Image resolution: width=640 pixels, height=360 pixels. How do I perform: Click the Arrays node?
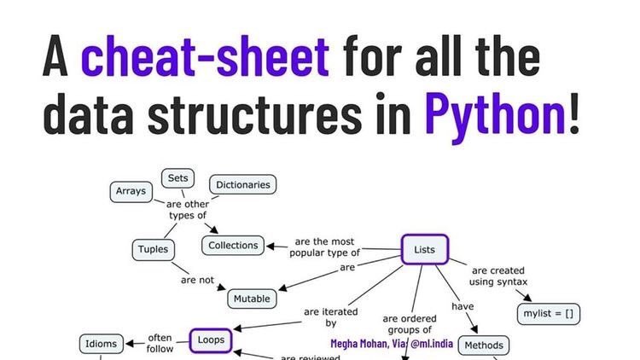point(131,191)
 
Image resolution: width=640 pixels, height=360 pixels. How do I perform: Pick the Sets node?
point(177,178)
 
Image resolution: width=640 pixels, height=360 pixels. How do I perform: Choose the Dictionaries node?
point(242,184)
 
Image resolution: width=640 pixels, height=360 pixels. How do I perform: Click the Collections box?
point(233,246)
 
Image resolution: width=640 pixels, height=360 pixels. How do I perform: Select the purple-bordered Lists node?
point(424,250)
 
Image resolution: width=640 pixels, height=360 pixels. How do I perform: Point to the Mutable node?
point(252,299)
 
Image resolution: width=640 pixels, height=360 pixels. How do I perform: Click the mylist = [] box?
point(548,314)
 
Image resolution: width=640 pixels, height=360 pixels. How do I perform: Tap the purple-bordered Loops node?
point(210,340)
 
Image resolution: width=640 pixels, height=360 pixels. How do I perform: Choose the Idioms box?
point(102,344)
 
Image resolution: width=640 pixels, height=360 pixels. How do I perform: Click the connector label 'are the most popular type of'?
point(324,247)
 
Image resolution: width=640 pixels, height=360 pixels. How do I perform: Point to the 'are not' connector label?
point(197,280)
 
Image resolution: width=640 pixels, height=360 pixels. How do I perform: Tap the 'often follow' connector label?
point(160,343)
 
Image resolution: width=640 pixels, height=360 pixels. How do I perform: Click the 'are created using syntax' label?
point(499,276)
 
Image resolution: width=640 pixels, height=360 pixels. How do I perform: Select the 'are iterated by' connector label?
point(331,317)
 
